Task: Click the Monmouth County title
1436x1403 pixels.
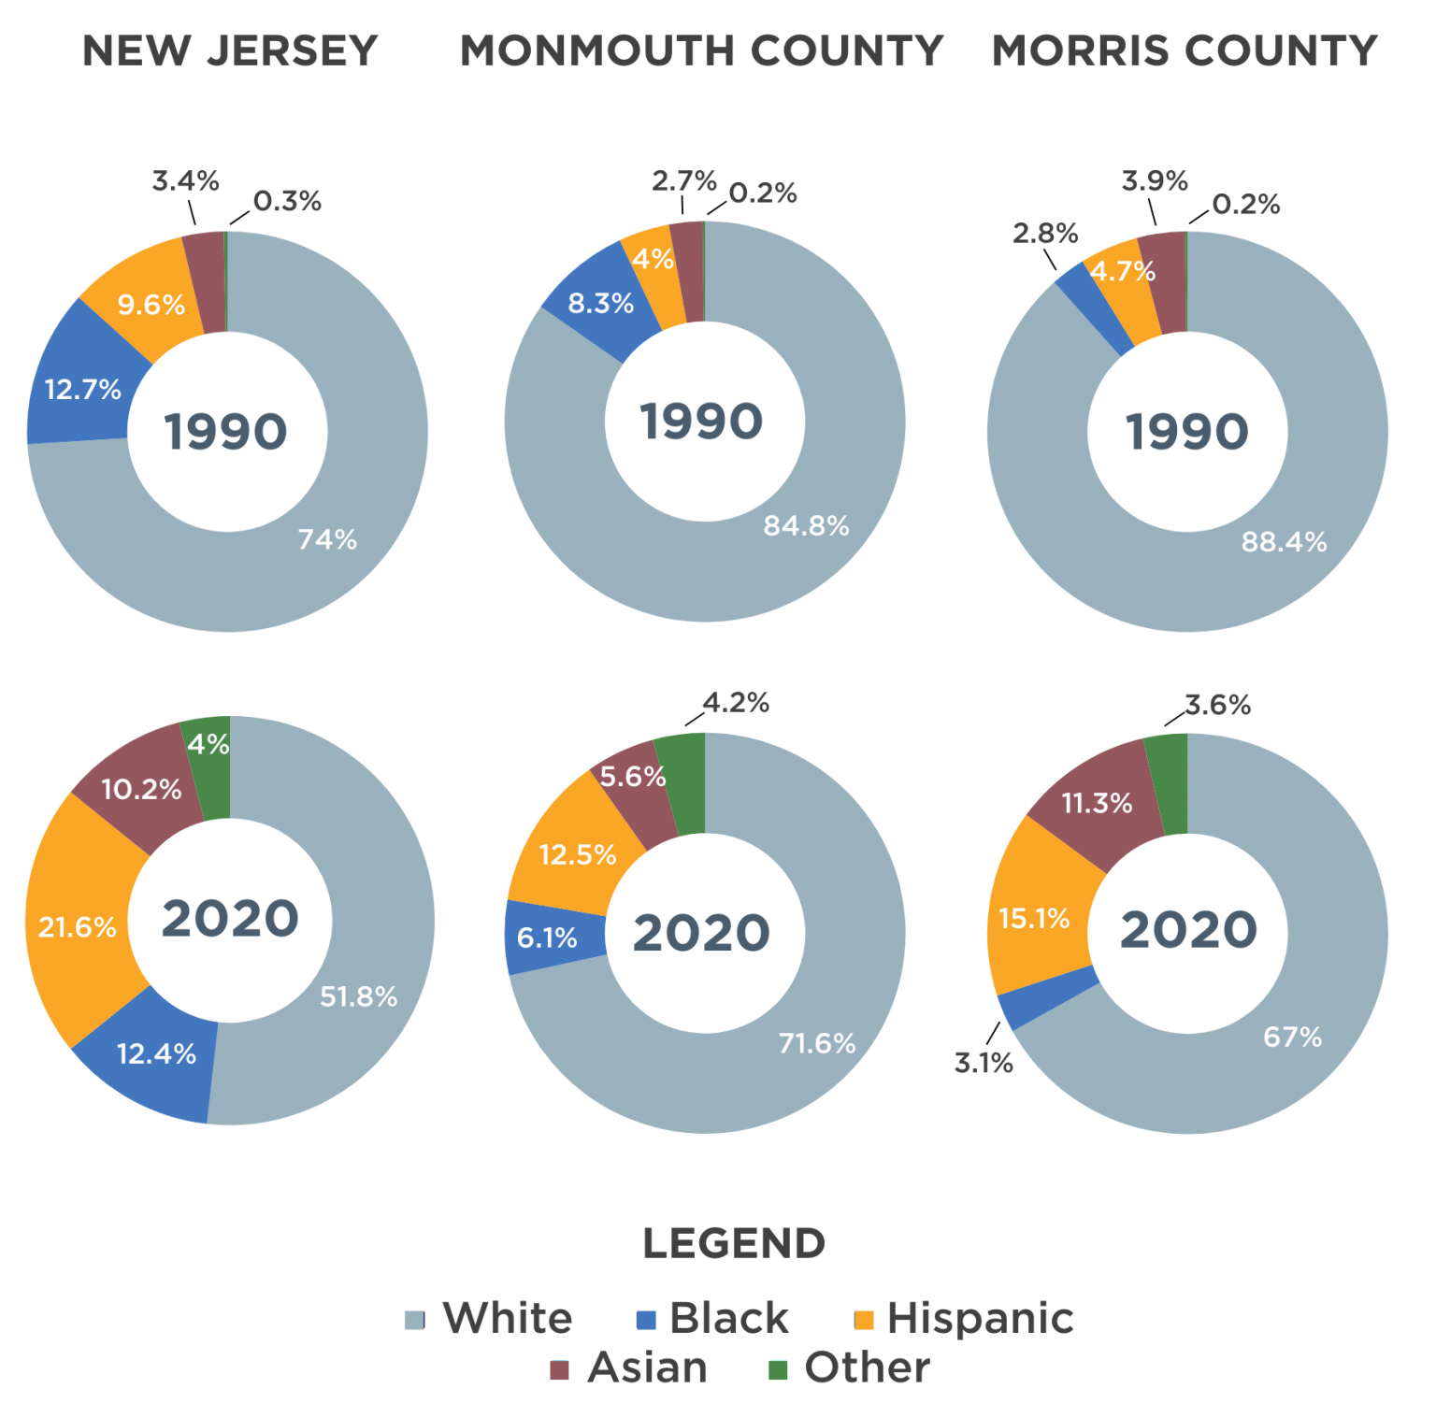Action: click(x=701, y=50)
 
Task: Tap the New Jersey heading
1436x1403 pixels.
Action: click(x=230, y=50)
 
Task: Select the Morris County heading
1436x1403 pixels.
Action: click(x=1185, y=50)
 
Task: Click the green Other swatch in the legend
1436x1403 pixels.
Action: click(x=778, y=1370)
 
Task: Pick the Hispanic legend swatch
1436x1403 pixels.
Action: click(x=864, y=1320)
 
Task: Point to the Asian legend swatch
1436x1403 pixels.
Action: click(x=559, y=1370)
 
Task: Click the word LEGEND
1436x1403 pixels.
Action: click(x=734, y=1243)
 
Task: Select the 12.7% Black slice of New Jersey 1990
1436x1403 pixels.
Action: click(x=82, y=389)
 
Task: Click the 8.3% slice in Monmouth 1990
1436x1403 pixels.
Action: click(x=600, y=304)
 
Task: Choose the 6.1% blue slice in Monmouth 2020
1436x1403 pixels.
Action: click(x=547, y=938)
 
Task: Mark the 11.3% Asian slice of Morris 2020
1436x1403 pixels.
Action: click(x=1097, y=803)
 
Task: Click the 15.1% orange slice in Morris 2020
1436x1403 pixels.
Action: click(x=1034, y=918)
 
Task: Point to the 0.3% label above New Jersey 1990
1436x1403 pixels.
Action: click(x=287, y=201)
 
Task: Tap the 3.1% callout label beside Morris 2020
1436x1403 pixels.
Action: click(x=984, y=1063)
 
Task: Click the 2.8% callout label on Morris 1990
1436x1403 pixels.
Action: click(x=1045, y=233)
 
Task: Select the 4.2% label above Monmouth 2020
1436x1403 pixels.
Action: click(x=736, y=703)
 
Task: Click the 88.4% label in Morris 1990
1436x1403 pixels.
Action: click(x=1284, y=542)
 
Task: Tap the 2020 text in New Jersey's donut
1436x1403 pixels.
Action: click(x=230, y=919)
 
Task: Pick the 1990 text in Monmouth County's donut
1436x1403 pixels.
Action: click(x=701, y=422)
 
